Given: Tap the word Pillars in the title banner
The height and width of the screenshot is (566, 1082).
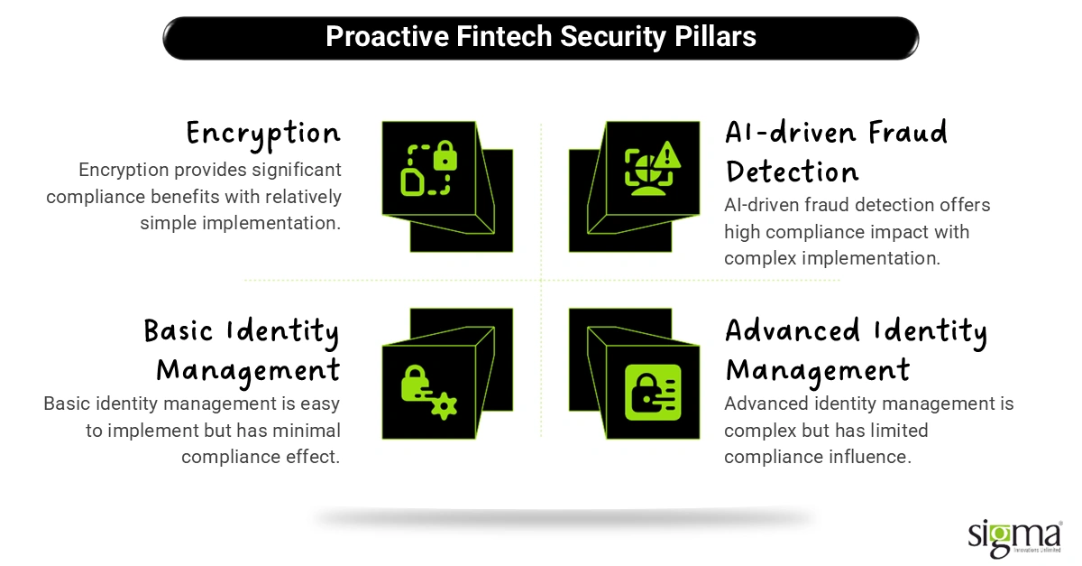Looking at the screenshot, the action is pyautogui.click(x=715, y=36).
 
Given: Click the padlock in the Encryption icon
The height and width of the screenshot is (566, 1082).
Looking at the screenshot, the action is pyautogui.click(x=445, y=155).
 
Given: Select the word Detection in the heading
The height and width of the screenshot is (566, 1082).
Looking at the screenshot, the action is pyautogui.click(x=792, y=172).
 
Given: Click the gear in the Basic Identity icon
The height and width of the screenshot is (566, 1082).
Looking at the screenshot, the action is pyautogui.click(x=444, y=405).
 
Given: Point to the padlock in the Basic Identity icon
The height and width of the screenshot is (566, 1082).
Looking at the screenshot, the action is pyautogui.click(x=415, y=383).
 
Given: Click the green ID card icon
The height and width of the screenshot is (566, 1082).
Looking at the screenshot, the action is pyautogui.click(x=653, y=393).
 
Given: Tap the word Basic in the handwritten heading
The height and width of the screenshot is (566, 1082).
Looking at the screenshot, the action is pyautogui.click(x=179, y=331).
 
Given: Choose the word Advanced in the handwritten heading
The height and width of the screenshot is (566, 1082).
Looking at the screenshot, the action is pyautogui.click(x=793, y=331).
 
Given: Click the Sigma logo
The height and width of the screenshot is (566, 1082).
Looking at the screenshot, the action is pyautogui.click(x=1014, y=538).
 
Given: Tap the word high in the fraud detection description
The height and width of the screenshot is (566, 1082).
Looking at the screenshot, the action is pyautogui.click(x=742, y=232).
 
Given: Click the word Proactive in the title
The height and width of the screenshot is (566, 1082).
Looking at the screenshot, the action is pyautogui.click(x=388, y=36).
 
